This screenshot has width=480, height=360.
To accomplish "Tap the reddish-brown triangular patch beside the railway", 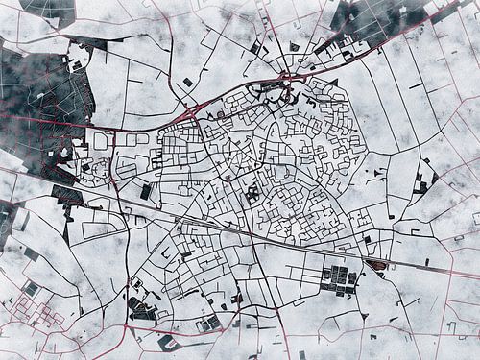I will [377, 264].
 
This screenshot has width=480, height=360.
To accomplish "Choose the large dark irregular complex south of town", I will [141, 309].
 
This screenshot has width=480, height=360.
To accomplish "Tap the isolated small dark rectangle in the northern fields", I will [188, 83].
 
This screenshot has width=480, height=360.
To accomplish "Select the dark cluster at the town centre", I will [252, 192].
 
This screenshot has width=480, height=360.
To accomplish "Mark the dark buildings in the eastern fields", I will [422, 182].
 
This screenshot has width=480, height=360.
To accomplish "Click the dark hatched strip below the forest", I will [67, 197].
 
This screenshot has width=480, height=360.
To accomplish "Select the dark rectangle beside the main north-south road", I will [146, 191].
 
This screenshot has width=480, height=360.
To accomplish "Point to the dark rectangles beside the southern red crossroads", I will [211, 321].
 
